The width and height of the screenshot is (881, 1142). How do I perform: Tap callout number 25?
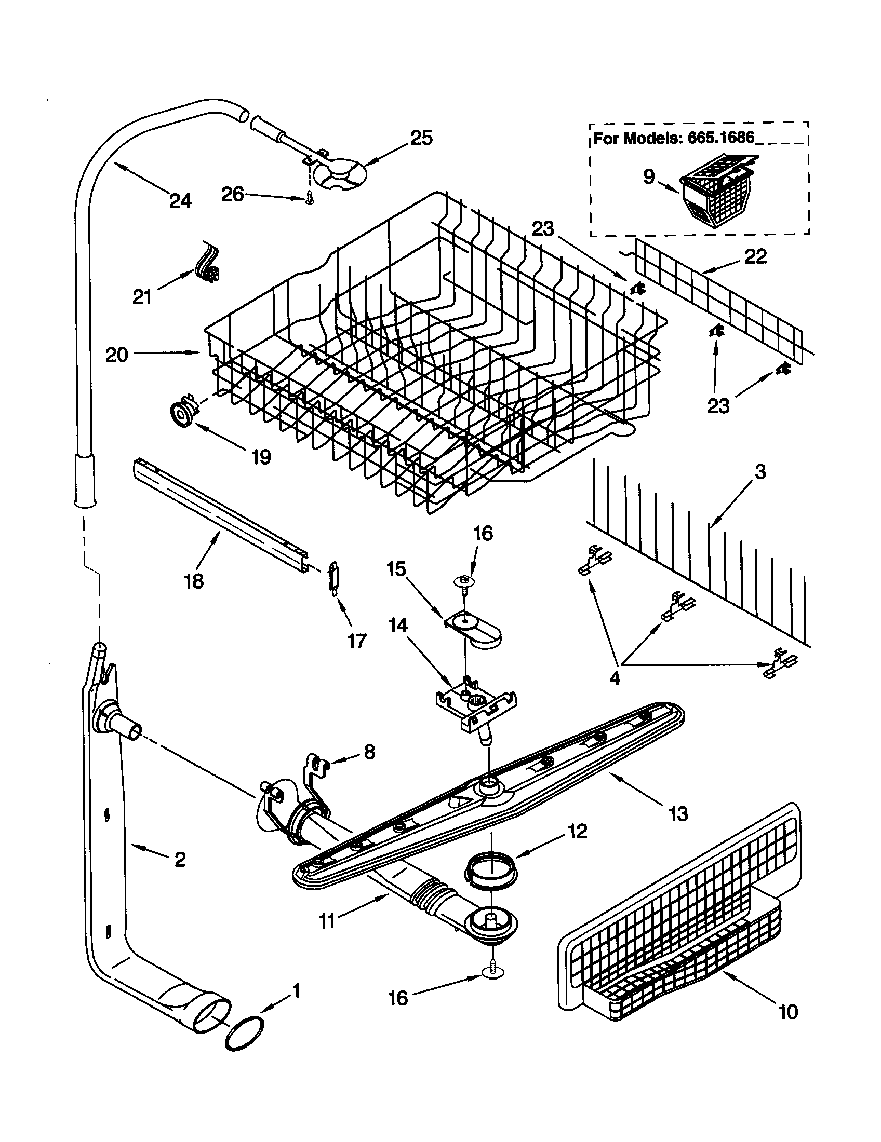[421, 138]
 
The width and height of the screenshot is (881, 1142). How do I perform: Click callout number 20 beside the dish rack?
[117, 355]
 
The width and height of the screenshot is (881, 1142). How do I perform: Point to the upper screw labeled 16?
[463, 581]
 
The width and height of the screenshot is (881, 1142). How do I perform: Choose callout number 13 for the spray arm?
[678, 813]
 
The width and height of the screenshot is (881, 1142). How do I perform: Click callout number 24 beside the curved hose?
[180, 200]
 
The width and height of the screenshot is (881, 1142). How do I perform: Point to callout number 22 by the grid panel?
[755, 256]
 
